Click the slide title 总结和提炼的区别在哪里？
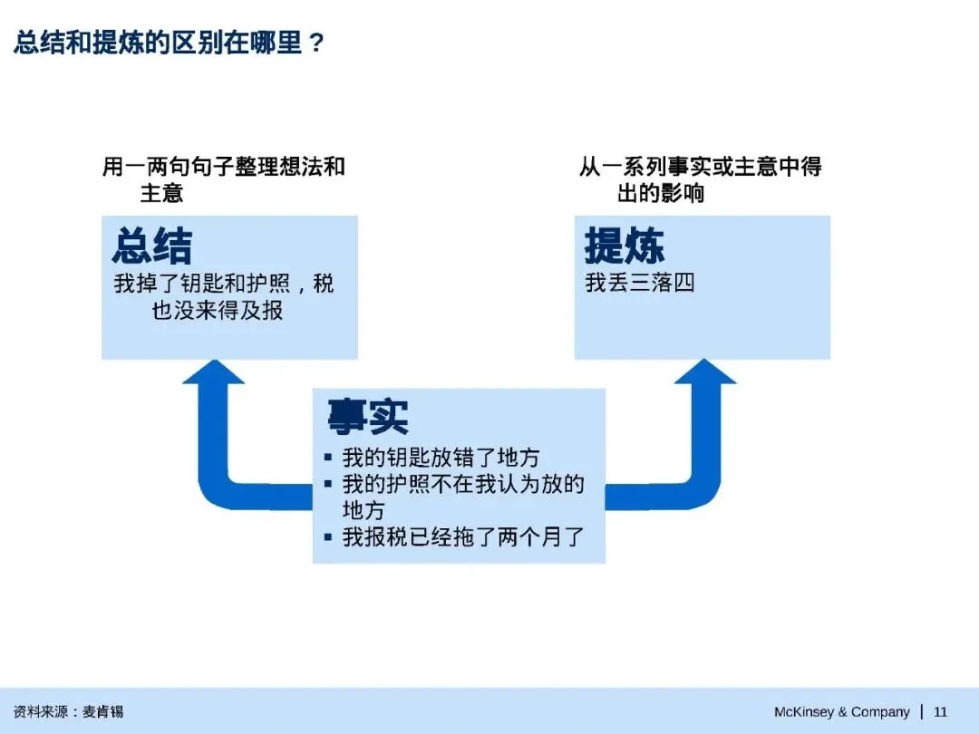[169, 43]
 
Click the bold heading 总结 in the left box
[152, 246]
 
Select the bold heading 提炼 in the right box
[625, 246]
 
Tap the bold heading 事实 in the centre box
[368, 417]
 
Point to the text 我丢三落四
[640, 283]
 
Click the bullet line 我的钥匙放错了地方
[441, 458]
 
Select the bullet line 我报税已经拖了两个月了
[463, 536]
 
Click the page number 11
[940, 711]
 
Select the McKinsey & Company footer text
[841, 711]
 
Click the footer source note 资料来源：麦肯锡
[68, 711]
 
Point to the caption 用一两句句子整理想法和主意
[224, 179]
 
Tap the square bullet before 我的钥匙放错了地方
[328, 458]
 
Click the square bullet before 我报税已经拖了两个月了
[328, 536]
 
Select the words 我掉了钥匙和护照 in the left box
[201, 284]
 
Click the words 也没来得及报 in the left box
[218, 310]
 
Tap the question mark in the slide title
[316, 43]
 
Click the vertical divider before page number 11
[922, 711]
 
